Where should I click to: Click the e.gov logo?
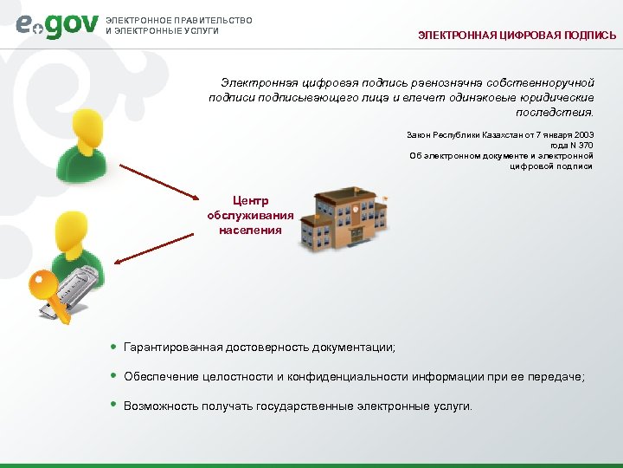click(x=56, y=26)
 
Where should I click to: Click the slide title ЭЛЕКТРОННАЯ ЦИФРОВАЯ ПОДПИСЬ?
click(x=517, y=36)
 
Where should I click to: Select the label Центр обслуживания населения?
click(x=250, y=216)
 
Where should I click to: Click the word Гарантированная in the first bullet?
click(x=172, y=348)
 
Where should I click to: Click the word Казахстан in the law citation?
click(x=481, y=135)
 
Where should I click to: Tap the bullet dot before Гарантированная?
click(x=114, y=347)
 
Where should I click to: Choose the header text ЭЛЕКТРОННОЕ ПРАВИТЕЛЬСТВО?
click(x=178, y=20)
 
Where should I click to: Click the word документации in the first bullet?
click(x=356, y=348)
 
